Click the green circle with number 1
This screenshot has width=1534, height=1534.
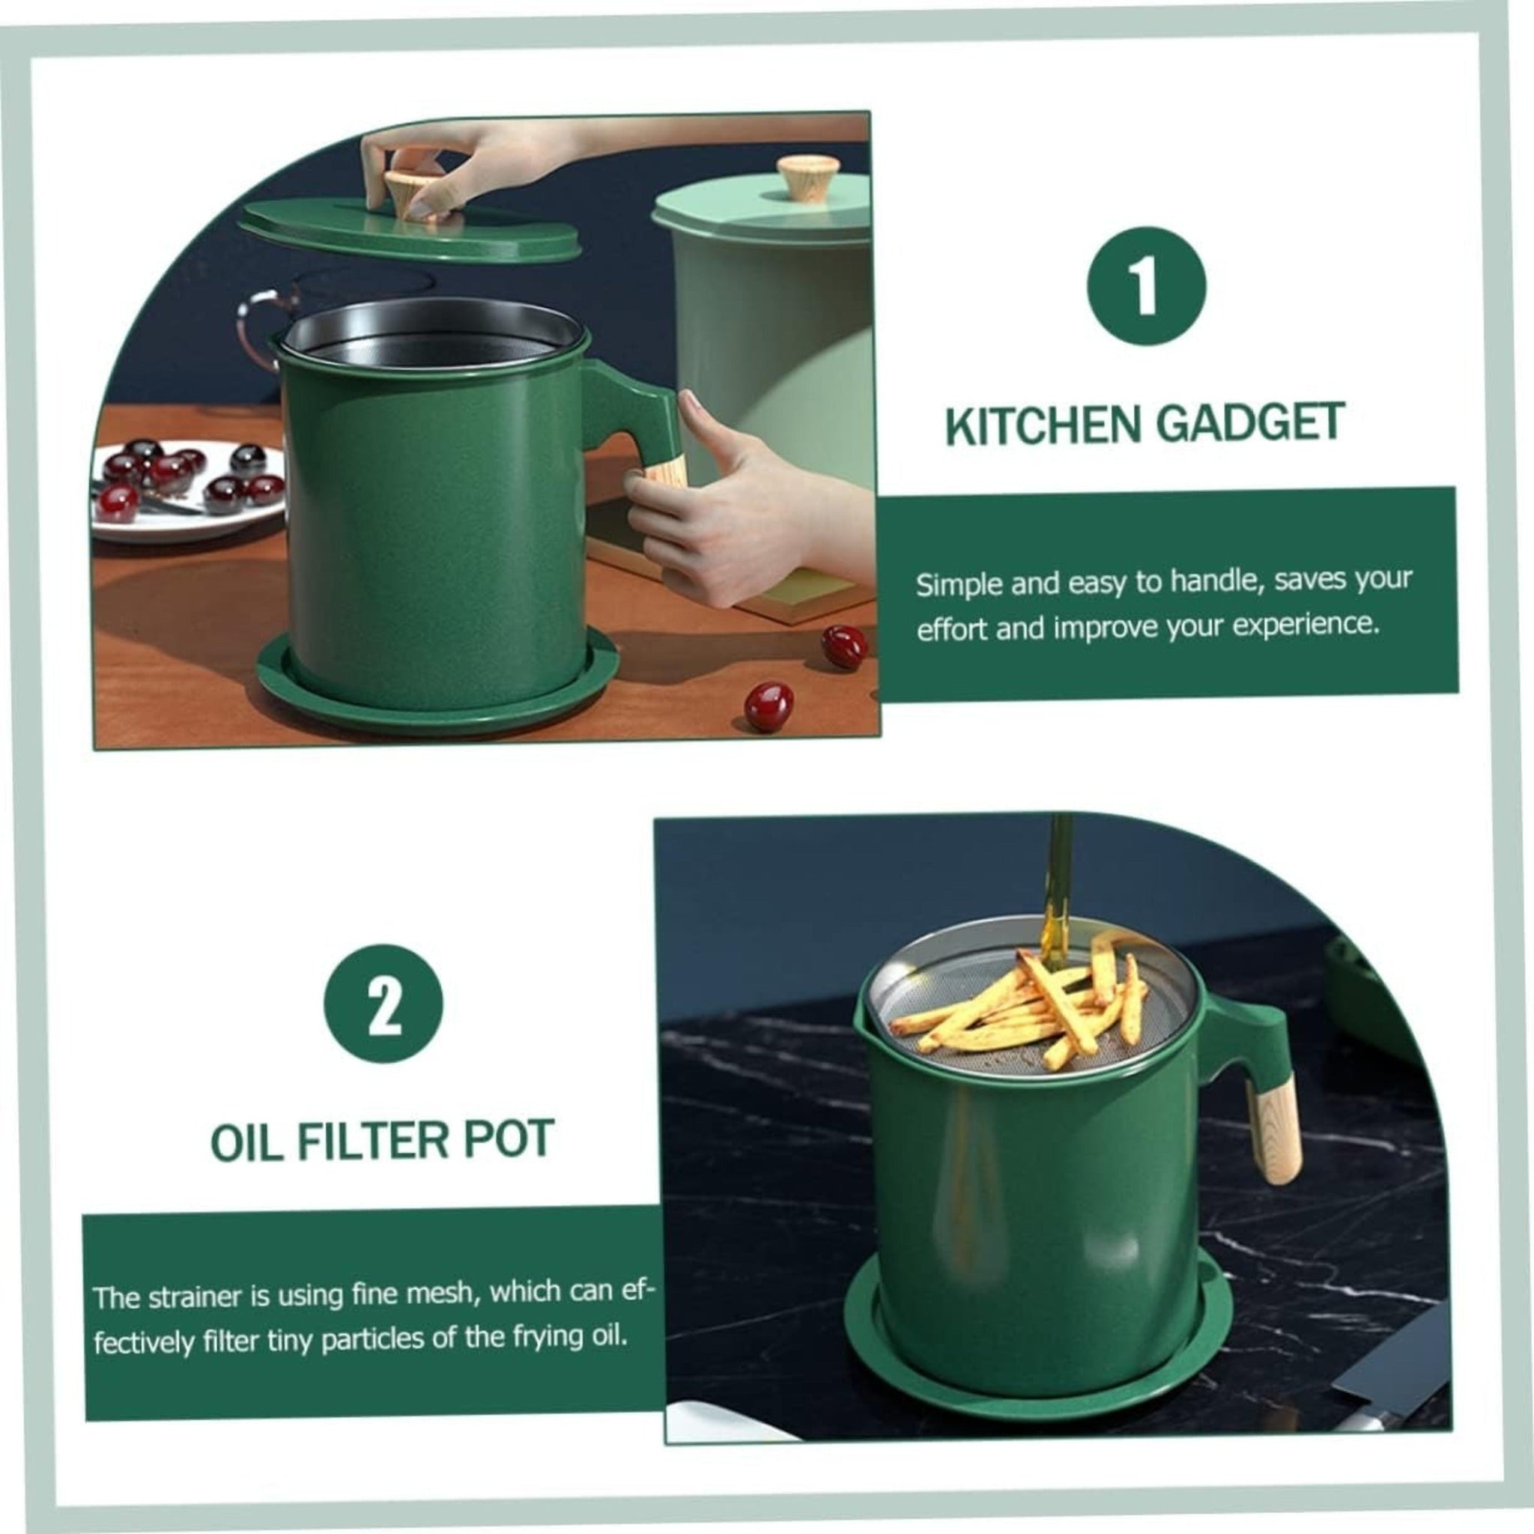point(1146,286)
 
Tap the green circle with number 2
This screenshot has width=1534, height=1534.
point(383,1003)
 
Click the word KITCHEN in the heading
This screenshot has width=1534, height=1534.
point(1043,426)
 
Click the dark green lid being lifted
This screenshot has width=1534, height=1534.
point(410,228)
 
